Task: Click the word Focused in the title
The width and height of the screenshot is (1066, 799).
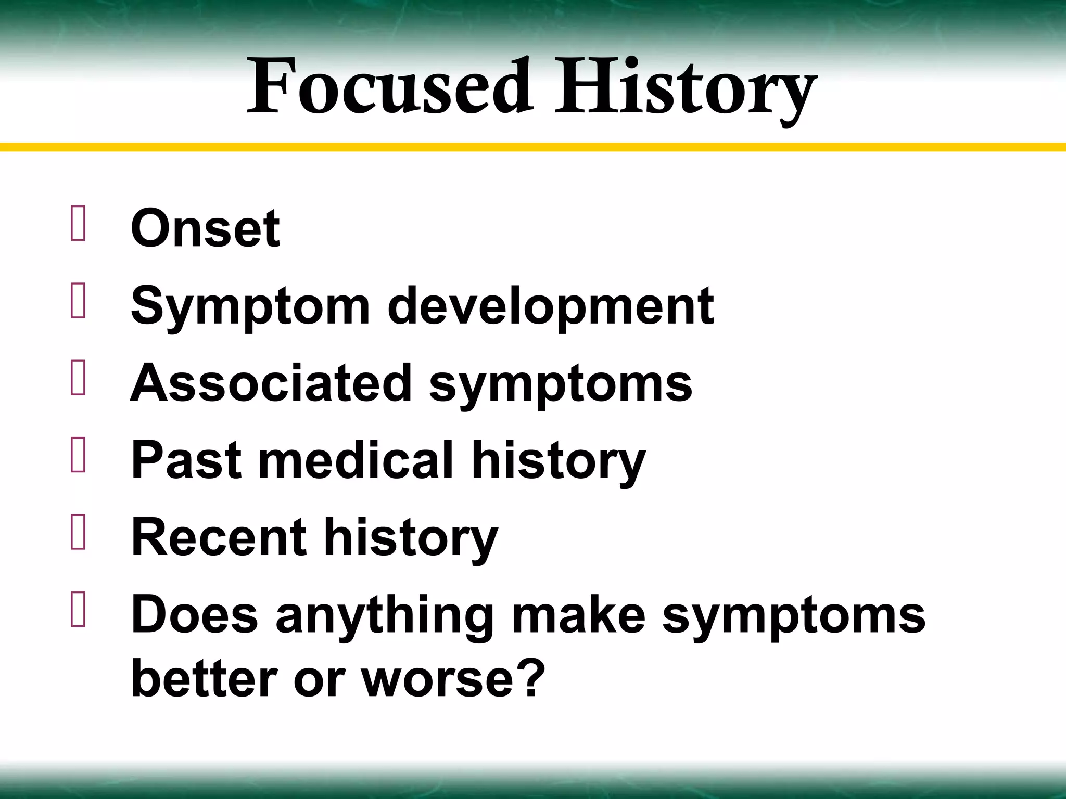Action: click(389, 87)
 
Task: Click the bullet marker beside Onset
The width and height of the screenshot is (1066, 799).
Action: click(78, 224)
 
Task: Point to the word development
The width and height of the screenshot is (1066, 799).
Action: click(550, 307)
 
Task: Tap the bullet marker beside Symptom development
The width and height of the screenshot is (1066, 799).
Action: click(78, 301)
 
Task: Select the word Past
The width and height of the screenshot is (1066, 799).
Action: click(186, 460)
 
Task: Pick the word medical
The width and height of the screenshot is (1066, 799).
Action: click(356, 460)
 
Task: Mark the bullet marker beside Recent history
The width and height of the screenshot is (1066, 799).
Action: click(78, 533)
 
